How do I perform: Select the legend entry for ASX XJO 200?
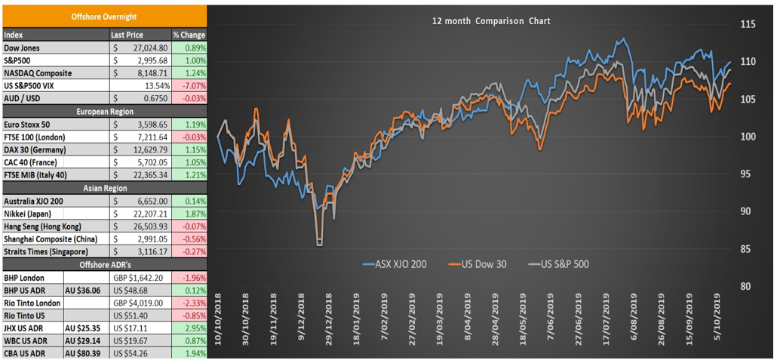coord(395,264)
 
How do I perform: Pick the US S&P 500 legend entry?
coord(555,264)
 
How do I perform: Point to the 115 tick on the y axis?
coord(743,25)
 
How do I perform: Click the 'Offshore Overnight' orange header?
coord(104,17)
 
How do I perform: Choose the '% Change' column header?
coord(189,35)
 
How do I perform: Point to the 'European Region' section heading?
coord(104,112)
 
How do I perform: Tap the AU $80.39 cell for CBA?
coord(83,352)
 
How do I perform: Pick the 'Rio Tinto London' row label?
coord(32,303)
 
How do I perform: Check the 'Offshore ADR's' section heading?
coord(104,264)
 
